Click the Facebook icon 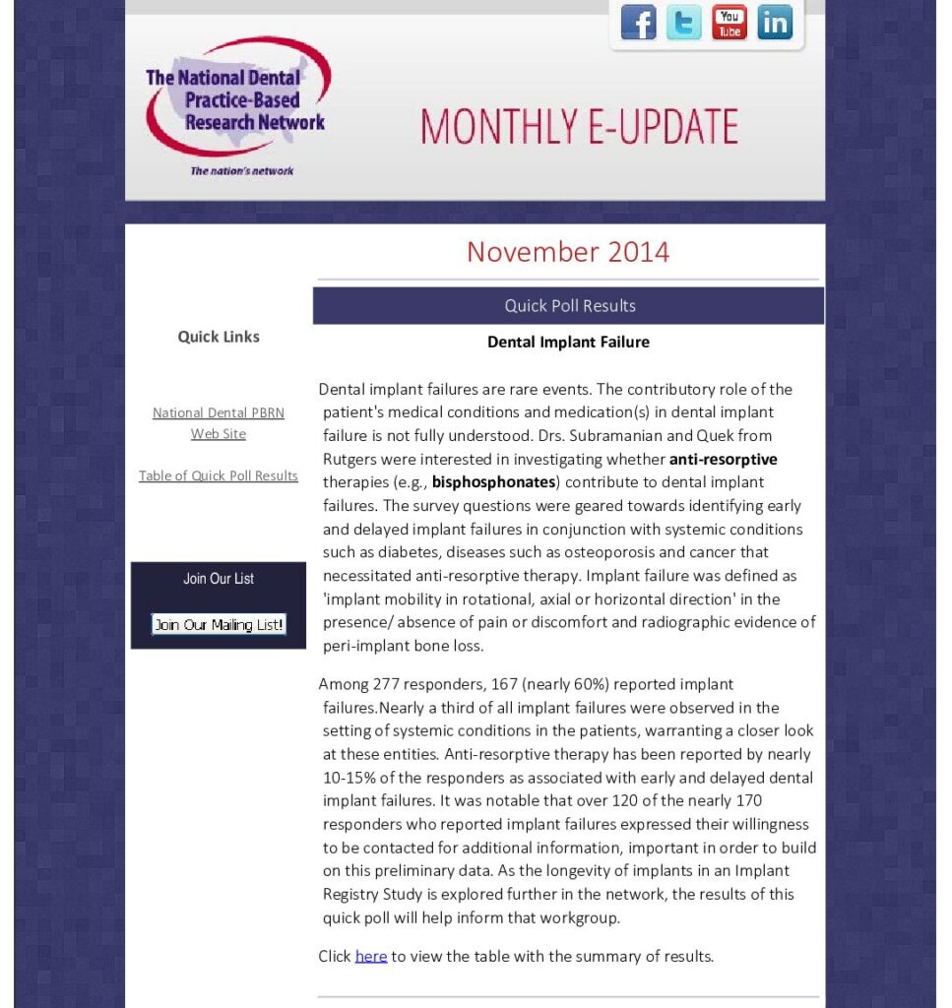(x=638, y=23)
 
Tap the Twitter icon (x=683, y=23)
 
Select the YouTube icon (x=730, y=23)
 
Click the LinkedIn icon (x=775, y=23)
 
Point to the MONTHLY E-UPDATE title (x=579, y=127)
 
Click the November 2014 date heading (x=568, y=252)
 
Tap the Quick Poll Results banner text (x=569, y=306)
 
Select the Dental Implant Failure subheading (x=568, y=343)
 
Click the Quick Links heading (x=219, y=337)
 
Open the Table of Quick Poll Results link (x=219, y=476)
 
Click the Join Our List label (x=219, y=579)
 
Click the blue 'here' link (x=371, y=957)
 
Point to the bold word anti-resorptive (x=724, y=460)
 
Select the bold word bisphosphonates (x=493, y=482)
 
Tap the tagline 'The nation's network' (x=242, y=171)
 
